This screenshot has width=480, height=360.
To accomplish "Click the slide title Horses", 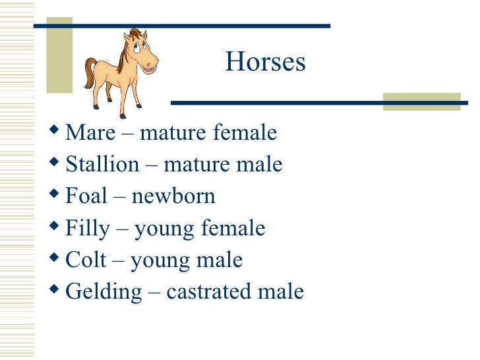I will pos(265,63).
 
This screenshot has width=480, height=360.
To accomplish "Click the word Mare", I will pos(90,133).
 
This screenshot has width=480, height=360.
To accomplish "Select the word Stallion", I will pos(102,164).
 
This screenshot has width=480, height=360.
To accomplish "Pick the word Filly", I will pos(87,229).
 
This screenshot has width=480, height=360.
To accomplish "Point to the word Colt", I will pos(86,260).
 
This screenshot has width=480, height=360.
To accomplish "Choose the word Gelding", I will pos(104,292).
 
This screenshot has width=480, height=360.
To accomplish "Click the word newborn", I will pos(173,196).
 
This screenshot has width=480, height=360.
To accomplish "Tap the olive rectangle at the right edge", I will pos(421,101).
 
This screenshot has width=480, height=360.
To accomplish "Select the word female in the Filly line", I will pos(235,229).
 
